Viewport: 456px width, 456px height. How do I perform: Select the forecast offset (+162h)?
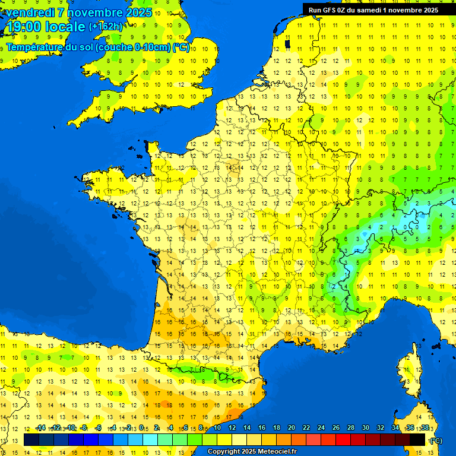(106, 27)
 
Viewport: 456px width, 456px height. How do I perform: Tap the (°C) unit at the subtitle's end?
(181, 47)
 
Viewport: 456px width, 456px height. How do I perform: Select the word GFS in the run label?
(327, 9)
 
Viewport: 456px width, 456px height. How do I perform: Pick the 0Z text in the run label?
(341, 9)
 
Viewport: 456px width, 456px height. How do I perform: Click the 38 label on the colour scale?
(425, 427)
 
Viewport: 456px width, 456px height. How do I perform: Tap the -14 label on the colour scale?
(40, 427)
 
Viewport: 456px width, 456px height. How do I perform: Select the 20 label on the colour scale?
(291, 427)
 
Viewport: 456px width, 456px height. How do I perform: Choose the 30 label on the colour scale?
(365, 427)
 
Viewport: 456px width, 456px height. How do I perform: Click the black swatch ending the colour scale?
(417, 439)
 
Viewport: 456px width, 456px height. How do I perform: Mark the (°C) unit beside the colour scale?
(436, 440)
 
